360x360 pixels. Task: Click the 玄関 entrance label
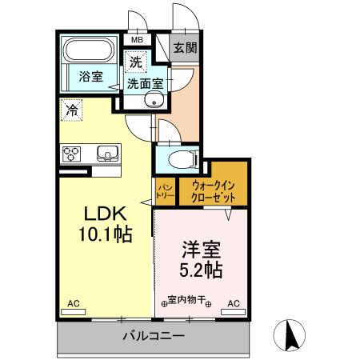(x=186, y=47)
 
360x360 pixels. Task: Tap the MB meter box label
(x=137, y=39)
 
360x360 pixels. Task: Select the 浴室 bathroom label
(x=90, y=77)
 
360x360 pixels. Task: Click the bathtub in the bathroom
(x=90, y=53)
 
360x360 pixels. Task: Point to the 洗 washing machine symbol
(x=134, y=61)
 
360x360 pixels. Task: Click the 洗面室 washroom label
(x=145, y=82)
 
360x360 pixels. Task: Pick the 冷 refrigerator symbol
(x=72, y=110)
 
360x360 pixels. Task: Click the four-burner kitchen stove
(x=71, y=153)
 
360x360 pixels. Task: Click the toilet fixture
(x=182, y=158)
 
